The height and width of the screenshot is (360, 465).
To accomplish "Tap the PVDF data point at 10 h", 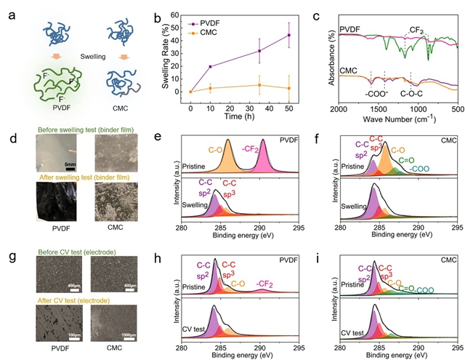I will coord(210,67).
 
